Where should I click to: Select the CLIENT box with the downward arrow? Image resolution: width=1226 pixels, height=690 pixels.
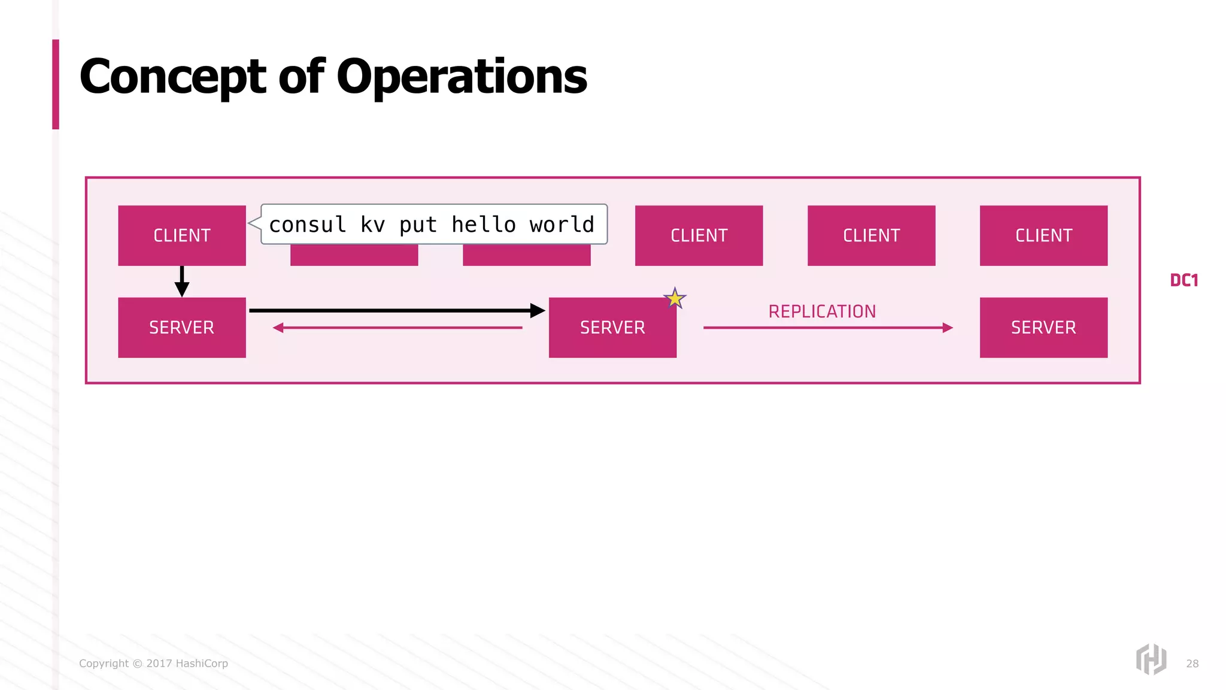tap(182, 235)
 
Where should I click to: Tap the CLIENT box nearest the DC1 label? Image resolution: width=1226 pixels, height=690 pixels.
tap(1043, 235)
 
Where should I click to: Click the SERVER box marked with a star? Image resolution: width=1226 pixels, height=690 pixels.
tap(612, 328)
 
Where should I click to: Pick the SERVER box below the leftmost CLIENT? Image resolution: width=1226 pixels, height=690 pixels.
tap(182, 328)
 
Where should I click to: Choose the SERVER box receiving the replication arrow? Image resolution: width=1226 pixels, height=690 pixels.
tap(1043, 328)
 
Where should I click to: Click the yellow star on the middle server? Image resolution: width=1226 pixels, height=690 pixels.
tap(675, 298)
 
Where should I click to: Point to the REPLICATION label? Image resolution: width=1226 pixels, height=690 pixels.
tap(822, 311)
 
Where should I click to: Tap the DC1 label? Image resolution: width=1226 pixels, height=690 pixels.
tap(1183, 280)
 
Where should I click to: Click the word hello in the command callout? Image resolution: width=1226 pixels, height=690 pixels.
tap(484, 225)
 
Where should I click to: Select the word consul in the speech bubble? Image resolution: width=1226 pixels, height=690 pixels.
tap(308, 225)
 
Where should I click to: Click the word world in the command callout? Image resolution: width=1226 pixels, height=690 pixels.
tap(562, 225)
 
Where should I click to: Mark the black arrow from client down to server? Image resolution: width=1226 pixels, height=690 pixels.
tap(182, 282)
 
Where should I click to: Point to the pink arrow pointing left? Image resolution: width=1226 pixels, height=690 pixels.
tap(397, 328)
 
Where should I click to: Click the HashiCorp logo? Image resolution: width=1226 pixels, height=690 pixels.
tap(1151, 659)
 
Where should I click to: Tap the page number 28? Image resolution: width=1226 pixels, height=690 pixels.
tap(1192, 664)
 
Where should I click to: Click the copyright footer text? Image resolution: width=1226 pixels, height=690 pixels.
tap(153, 664)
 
